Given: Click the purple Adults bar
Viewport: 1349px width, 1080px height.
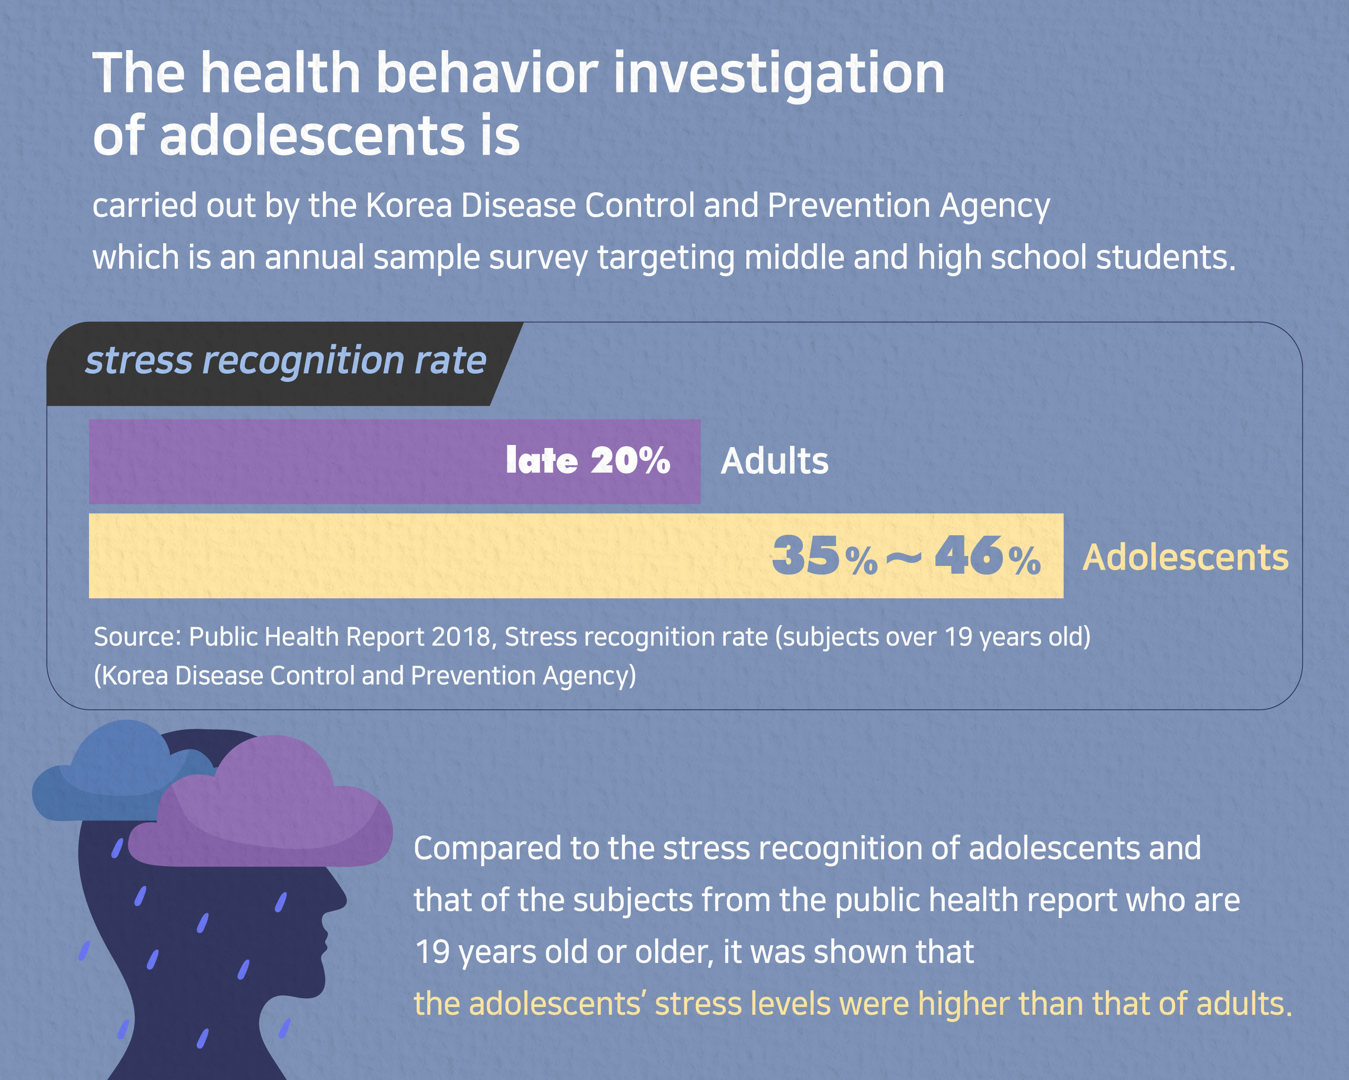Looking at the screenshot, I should pyautogui.click(x=294, y=461).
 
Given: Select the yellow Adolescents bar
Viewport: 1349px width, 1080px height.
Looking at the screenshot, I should pyautogui.click(x=426, y=556).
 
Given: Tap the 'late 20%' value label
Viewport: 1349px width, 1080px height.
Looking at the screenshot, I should pyautogui.click(x=588, y=461).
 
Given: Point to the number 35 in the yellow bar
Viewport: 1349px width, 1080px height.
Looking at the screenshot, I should pyautogui.click(x=805, y=556).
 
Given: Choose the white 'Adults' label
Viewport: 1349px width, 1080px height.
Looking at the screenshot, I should pyautogui.click(x=774, y=461).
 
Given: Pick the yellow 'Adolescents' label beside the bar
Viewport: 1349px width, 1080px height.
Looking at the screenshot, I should pyautogui.click(x=1185, y=557).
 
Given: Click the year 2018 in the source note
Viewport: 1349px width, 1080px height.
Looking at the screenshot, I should pyautogui.click(x=460, y=637).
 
